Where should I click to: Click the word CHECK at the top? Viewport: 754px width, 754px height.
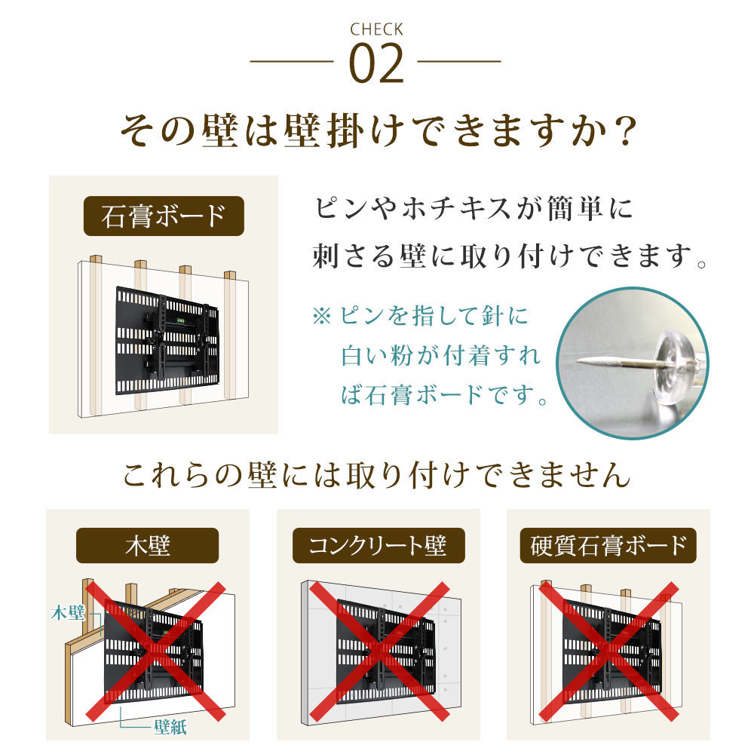click(376, 30)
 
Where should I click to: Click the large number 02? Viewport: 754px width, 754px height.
click(376, 66)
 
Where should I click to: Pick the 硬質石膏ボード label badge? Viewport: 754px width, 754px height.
click(608, 545)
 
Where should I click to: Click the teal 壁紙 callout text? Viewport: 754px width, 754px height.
click(169, 727)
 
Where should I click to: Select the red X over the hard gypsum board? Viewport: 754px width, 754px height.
click(608, 648)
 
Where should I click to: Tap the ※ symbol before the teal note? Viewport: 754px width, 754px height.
click(321, 316)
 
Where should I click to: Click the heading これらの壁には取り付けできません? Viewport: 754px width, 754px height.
click(376, 475)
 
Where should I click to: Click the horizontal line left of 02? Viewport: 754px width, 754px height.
click(292, 61)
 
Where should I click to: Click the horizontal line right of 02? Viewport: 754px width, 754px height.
click(459, 61)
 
